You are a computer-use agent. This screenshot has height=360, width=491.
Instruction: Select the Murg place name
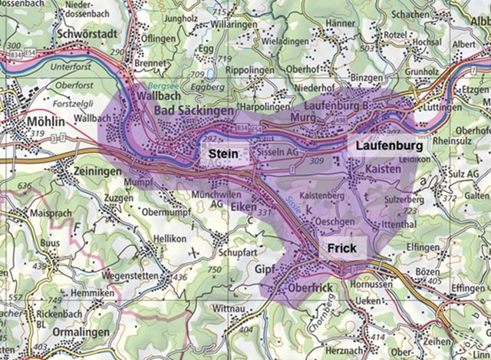click(x=304, y=119)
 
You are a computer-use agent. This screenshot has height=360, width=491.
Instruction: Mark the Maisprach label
click(x=44, y=211)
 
